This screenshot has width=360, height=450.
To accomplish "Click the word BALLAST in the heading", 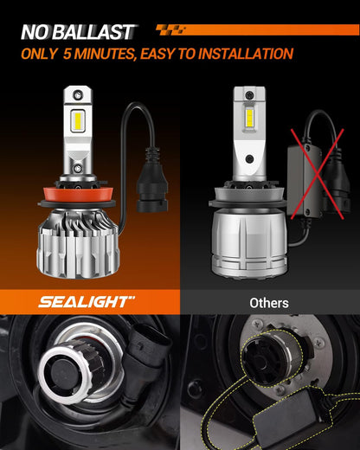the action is [x=93, y=32].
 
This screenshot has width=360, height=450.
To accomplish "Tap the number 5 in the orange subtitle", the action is [x=67, y=54].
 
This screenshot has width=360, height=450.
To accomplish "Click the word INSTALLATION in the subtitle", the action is [x=246, y=54].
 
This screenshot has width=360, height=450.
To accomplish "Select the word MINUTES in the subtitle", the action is [x=105, y=54].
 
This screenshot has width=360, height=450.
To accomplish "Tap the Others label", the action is [x=269, y=303].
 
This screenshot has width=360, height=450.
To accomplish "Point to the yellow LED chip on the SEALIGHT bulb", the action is [x=78, y=122].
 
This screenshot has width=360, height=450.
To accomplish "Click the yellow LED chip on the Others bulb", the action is [x=250, y=118].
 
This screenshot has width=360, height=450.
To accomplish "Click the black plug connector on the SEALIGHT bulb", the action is [x=152, y=180].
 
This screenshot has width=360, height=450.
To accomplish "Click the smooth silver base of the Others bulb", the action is [x=249, y=241].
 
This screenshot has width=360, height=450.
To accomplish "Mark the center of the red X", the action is [x=317, y=174].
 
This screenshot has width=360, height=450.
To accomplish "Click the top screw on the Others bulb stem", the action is [x=249, y=94].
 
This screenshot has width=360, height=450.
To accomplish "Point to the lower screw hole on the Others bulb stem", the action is [x=250, y=158].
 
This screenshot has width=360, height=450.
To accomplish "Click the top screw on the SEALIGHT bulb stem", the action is [x=78, y=93].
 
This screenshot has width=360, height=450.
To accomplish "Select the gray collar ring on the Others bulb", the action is [x=247, y=194].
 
